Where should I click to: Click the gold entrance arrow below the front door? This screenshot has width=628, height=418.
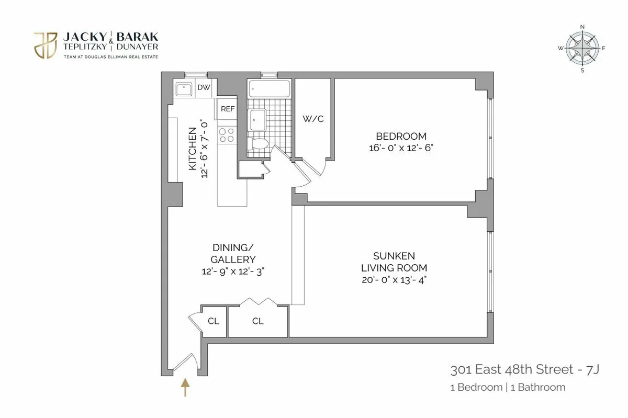coord(185,388)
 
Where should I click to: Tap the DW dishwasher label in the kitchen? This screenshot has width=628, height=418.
coord(204,88)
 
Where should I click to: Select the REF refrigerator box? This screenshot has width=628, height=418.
coord(228,109)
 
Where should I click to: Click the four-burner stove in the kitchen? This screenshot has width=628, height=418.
coord(227,135)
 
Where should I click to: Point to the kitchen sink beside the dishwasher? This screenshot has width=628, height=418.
coord(184,90)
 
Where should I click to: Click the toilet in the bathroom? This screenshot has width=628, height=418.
coord(259,143)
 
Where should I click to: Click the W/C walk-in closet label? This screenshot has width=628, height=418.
coord(313,119)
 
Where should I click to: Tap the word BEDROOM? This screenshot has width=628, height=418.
coord(401,137)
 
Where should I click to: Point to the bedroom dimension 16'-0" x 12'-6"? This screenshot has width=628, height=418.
coord(401,148)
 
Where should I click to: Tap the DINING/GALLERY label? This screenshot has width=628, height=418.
coord(233,253)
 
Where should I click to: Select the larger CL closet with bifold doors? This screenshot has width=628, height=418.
coord(257,321)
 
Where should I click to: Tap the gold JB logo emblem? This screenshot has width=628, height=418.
coord(46,45)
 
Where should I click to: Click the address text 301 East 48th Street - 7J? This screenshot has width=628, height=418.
coord(524,370)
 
